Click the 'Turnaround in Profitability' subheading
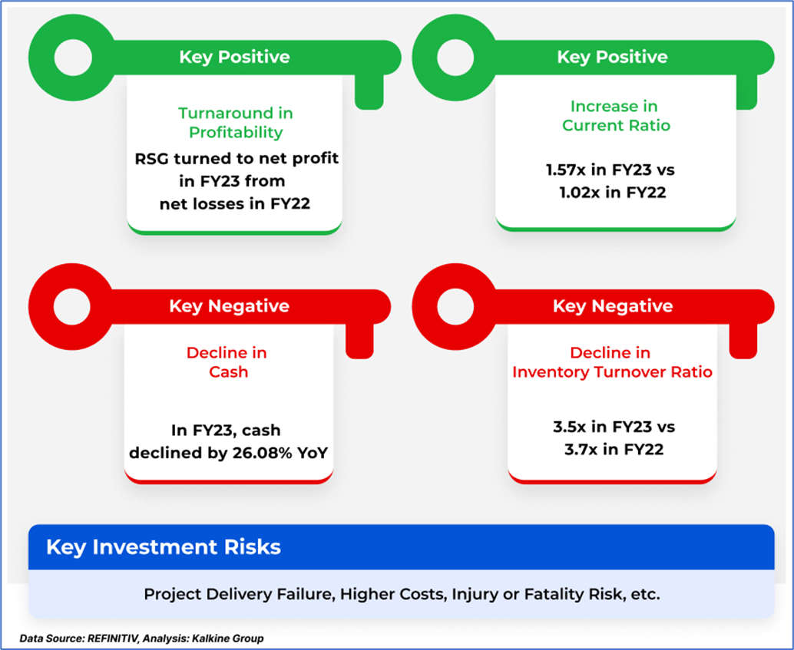tap(236, 123)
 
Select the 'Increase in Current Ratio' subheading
tap(616, 116)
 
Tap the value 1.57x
tap(566, 170)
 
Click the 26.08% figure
tap(263, 453)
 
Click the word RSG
tap(152, 159)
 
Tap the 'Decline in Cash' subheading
tap(227, 362)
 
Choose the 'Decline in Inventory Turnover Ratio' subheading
tap(612, 362)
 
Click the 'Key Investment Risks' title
tap(164, 547)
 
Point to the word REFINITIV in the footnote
tap(113, 638)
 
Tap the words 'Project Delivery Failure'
tap(239, 594)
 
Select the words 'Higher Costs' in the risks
tap(393, 594)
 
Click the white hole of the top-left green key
tap(73, 58)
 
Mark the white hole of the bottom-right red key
tap(455, 306)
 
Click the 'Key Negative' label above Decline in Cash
tap(230, 306)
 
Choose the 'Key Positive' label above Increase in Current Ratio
tap(612, 57)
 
